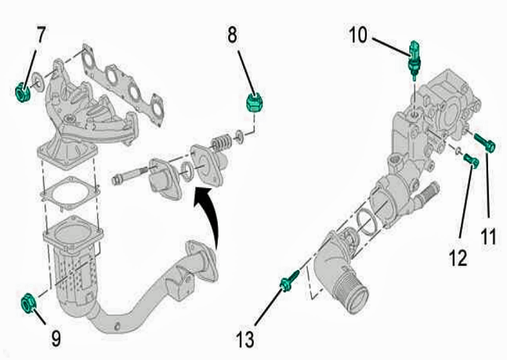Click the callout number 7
pos(41,35)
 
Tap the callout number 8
pos(232,35)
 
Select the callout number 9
pos(56,338)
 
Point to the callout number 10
pos(358,35)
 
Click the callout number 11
pos(488,237)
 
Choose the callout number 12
pos(458,258)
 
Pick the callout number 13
pos(244,340)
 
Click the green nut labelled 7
pos(23,93)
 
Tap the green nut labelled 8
pos(254,102)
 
